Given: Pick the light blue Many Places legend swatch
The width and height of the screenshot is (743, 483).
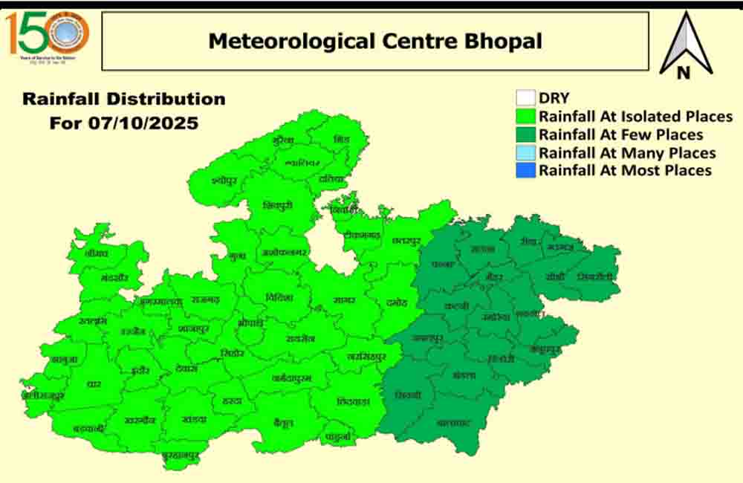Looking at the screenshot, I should click(x=526, y=153).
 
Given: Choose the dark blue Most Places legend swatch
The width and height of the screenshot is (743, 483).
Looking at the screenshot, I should click(x=526, y=171).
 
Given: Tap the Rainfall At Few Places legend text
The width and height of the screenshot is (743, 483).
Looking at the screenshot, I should click(x=620, y=134).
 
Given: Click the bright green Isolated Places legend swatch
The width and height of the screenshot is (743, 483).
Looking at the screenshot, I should click(x=526, y=117).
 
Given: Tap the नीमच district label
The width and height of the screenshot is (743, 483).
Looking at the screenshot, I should click(x=97, y=253).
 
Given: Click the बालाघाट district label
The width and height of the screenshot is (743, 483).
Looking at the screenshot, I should click(x=455, y=423).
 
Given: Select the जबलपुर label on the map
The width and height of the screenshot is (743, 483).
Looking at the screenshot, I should click(x=428, y=338).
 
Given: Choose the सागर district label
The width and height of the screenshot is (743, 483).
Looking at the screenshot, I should click(x=343, y=300).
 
